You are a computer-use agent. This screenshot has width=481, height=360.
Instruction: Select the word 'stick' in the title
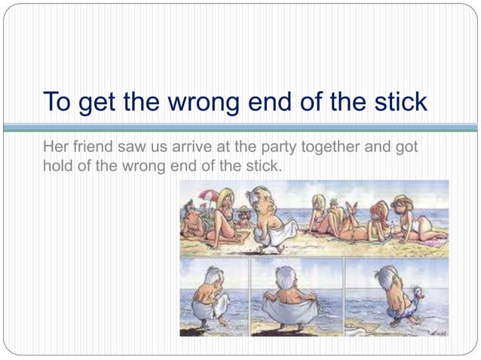pos(397,102)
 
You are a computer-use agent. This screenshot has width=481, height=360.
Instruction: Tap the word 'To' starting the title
pos(57,102)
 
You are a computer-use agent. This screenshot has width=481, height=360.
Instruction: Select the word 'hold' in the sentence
pos(57,166)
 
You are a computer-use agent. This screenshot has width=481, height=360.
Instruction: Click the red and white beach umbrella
pos(210,197)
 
